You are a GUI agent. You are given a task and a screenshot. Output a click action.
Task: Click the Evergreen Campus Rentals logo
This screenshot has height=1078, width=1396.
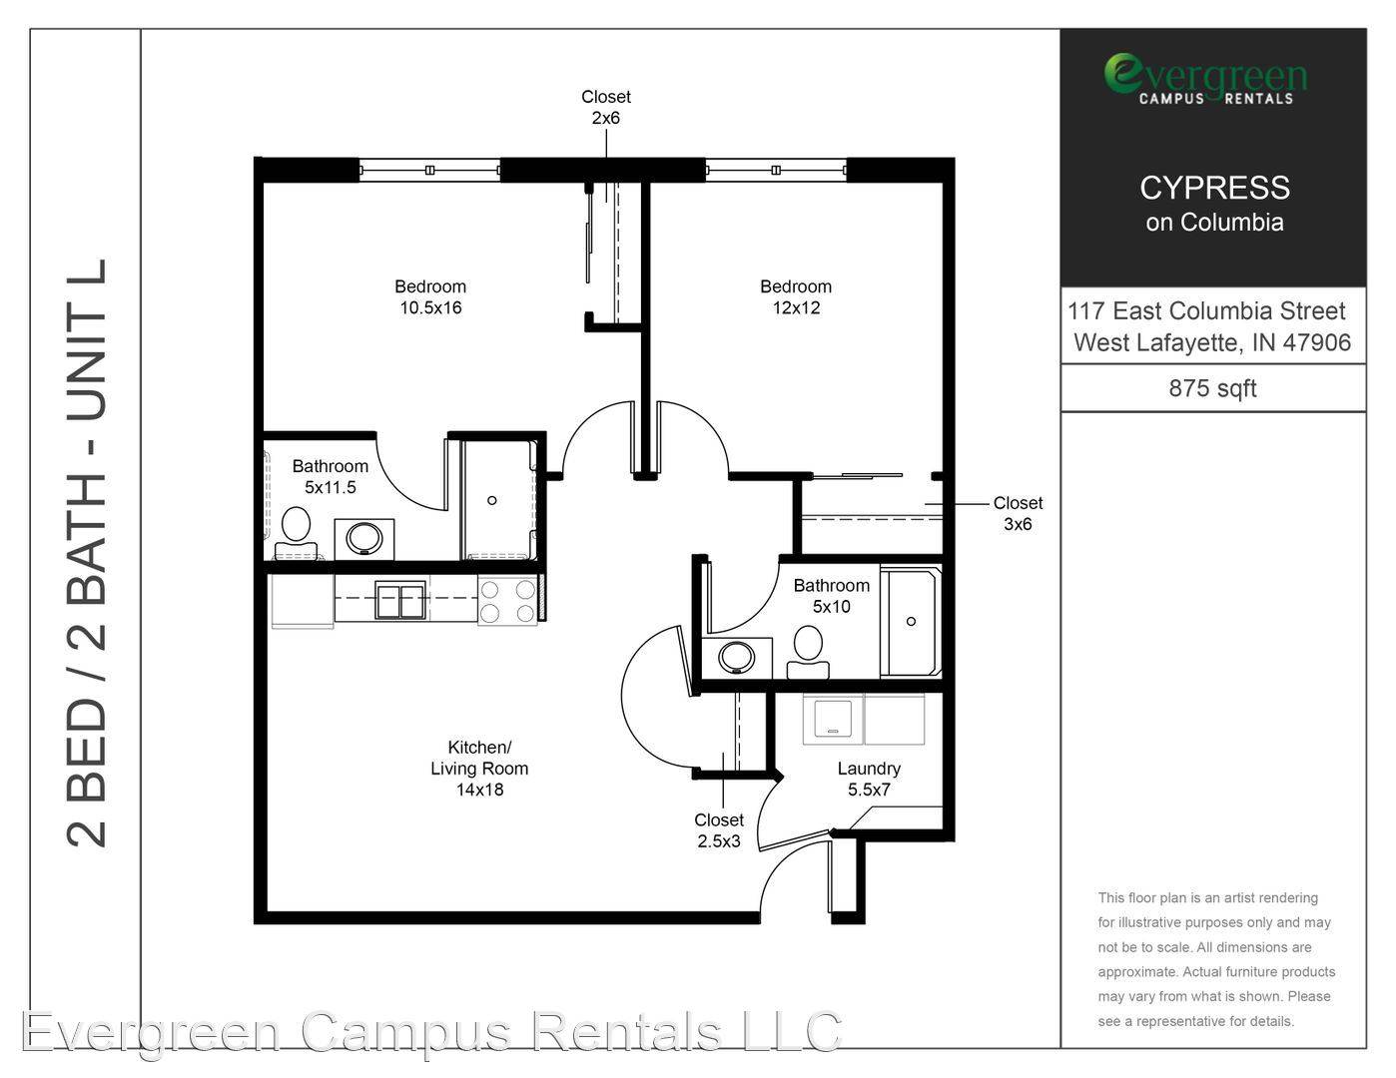pos(1205,78)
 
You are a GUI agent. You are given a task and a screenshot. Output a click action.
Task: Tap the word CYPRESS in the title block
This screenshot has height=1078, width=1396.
pos(1214,188)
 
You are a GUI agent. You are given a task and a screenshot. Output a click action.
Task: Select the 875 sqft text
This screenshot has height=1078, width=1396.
pos(1212,388)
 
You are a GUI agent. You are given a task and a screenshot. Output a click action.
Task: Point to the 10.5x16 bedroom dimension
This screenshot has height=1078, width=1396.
pos(430,307)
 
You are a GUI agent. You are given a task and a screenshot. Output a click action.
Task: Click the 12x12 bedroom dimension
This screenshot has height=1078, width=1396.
pos(796,307)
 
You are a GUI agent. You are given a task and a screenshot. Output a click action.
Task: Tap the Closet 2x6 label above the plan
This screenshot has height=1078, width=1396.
pos(606,107)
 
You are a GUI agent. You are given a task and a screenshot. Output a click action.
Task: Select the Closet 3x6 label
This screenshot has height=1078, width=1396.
pos(1018,513)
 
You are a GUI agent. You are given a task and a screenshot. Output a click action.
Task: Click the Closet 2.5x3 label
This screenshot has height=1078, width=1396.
pos(719,830)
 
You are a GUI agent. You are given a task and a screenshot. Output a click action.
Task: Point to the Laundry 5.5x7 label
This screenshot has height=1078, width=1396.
pos(869,779)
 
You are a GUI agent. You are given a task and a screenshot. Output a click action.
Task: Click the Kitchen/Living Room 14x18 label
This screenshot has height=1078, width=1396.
pos(479,768)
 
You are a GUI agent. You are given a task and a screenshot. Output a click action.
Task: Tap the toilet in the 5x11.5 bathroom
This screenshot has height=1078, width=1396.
pos(296,534)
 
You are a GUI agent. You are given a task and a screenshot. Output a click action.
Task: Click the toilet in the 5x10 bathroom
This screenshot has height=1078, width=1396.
pos(808,653)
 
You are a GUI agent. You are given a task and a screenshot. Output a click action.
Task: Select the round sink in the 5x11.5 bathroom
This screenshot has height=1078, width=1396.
pos(364,538)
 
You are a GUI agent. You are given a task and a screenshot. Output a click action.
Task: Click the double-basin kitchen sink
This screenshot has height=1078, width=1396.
pos(400,600)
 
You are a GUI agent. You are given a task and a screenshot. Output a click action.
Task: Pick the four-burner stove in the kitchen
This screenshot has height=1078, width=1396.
pos(507,600)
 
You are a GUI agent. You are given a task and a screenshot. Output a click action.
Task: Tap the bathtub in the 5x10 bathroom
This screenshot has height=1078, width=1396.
pos(911,621)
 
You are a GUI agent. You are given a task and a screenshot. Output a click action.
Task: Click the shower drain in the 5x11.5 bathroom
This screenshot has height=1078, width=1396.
pos(491,500)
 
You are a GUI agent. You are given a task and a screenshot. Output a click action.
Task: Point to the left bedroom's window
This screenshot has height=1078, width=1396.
pos(429,170)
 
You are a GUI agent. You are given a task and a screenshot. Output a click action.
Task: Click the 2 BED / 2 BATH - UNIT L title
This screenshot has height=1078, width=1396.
pos(87,553)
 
